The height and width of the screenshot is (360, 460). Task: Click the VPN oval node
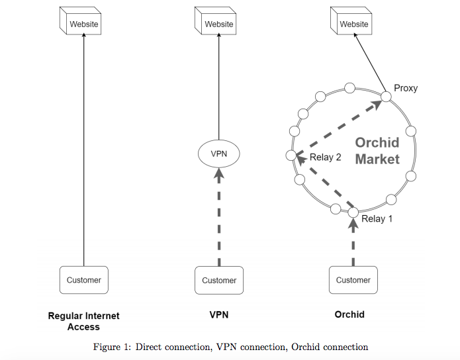(x=219, y=154)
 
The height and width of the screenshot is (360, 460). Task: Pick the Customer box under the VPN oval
(x=219, y=280)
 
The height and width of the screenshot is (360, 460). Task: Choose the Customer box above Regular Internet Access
(x=84, y=280)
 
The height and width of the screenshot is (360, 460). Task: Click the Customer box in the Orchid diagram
(x=353, y=280)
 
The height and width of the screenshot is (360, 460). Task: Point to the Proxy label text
(x=406, y=88)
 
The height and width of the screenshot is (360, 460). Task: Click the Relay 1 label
(x=377, y=219)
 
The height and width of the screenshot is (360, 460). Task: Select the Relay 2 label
(x=326, y=157)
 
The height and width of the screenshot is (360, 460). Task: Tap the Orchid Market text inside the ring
(x=377, y=151)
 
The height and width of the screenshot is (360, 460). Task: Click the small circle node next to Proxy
(x=386, y=97)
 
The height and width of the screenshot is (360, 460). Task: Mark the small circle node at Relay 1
(x=353, y=212)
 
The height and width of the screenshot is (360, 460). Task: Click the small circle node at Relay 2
(x=291, y=155)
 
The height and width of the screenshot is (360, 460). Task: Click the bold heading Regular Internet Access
(x=84, y=321)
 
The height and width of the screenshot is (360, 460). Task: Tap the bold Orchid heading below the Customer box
(x=349, y=315)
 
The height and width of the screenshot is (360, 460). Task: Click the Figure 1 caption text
(x=230, y=347)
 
